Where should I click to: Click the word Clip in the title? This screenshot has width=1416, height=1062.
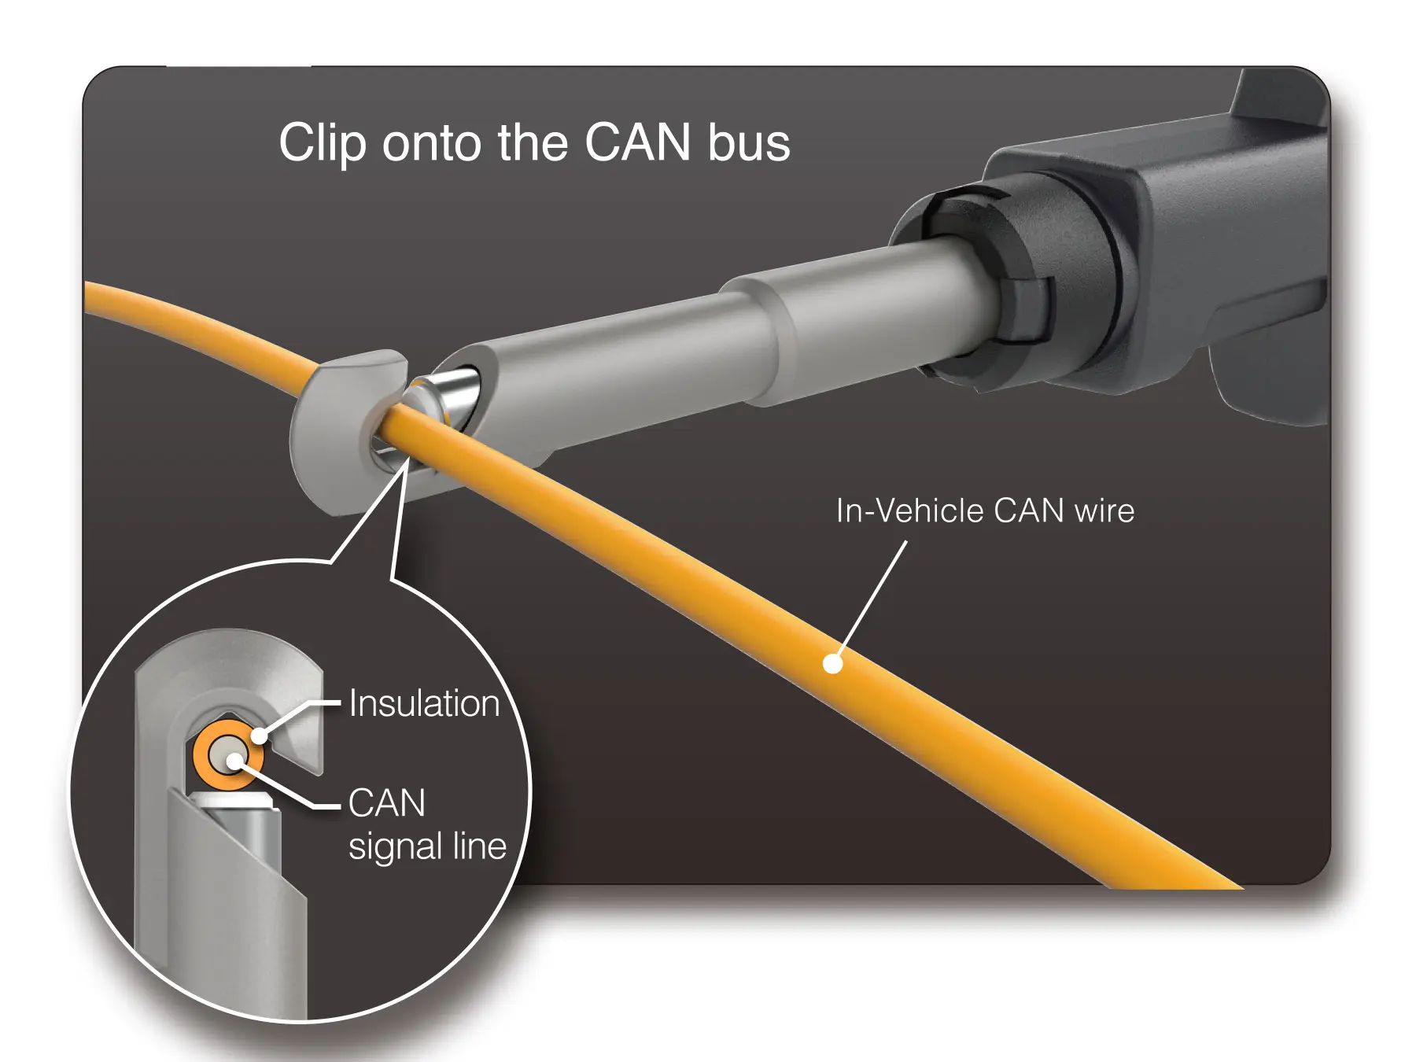tap(322, 143)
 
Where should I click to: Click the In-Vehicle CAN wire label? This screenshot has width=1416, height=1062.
tap(985, 511)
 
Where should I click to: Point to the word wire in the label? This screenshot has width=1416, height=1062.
tap(1104, 511)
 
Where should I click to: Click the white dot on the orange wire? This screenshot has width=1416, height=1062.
tap(832, 664)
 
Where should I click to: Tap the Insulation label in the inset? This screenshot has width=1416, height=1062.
tap(424, 703)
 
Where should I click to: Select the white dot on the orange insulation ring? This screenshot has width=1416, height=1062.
tap(260, 737)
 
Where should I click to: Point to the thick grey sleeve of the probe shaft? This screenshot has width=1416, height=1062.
tap(857, 323)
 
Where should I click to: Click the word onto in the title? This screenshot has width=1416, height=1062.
tap(432, 143)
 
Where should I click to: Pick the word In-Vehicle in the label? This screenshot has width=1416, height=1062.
tap(909, 511)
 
